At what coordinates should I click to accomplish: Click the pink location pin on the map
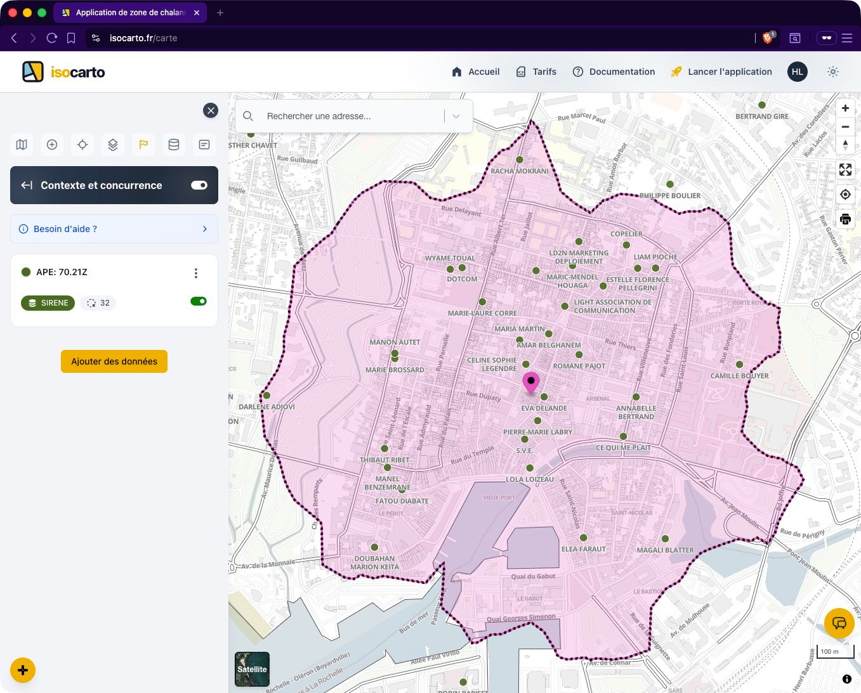pos(531,382)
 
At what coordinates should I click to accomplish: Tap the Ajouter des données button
pos(114,361)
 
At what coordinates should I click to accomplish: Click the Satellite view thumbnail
pos(252,669)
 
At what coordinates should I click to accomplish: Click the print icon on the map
pos(845,219)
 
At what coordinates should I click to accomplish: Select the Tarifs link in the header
pos(536,72)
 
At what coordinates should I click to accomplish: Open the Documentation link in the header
pos(614,72)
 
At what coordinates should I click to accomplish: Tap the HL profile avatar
pos(798,72)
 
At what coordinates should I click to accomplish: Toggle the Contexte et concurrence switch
pos(199,185)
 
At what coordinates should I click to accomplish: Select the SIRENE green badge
pos(48,303)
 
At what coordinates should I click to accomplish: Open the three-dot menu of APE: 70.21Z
pos(195,273)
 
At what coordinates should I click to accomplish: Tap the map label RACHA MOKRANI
pos(520,171)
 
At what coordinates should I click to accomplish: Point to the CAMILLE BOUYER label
pos(739,376)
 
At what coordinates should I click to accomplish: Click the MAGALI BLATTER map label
pos(665,550)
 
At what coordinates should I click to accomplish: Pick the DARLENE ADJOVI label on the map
pos(266,407)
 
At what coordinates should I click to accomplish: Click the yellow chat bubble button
pos(839,623)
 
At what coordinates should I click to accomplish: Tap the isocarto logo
pos(64,72)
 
